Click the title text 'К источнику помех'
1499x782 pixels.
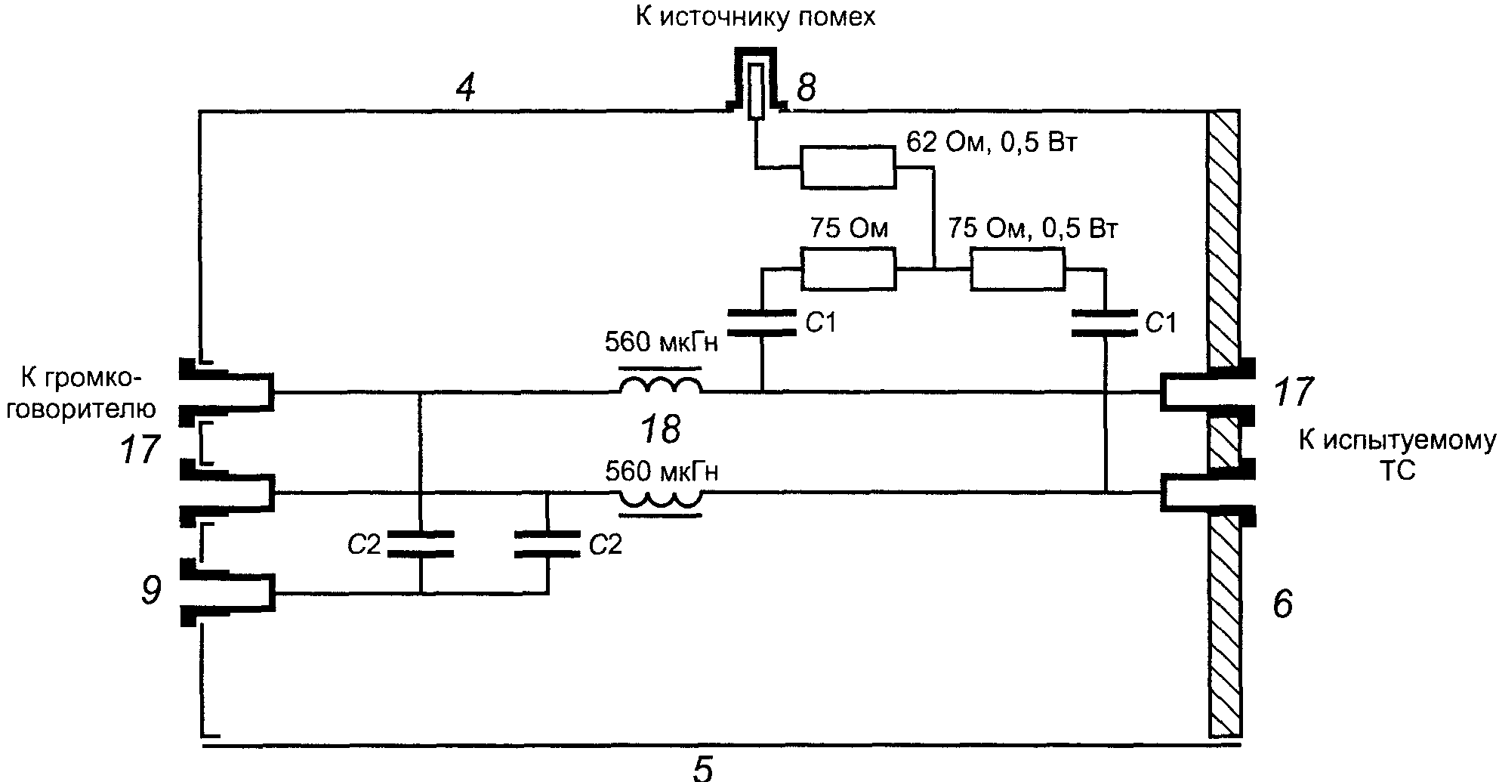(755, 17)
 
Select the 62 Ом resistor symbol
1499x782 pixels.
(848, 167)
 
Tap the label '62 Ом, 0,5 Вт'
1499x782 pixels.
(990, 143)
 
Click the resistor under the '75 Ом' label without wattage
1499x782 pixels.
(848, 269)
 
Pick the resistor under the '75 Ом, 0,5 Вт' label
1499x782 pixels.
(1017, 269)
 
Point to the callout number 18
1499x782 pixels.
(660, 430)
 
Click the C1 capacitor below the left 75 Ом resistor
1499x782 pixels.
(762, 323)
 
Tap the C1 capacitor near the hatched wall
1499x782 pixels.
(1105, 323)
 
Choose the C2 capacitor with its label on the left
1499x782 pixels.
(420, 544)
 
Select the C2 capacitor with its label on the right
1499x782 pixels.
(547, 544)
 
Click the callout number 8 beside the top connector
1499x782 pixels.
(806, 89)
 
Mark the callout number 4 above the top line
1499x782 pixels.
(466, 89)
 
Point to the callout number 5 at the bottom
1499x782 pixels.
(702, 768)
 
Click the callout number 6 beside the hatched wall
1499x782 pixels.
(1282, 604)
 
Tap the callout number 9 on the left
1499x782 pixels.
(151, 591)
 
